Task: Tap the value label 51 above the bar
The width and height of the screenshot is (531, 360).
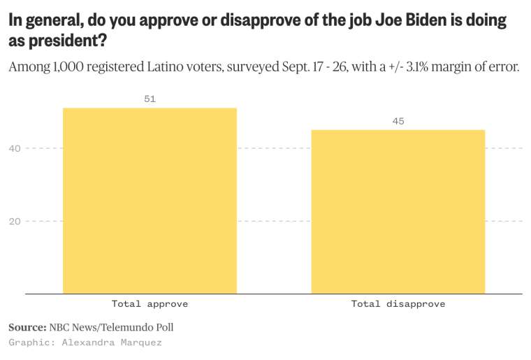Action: [x=150, y=99]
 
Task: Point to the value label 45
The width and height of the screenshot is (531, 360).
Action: [x=398, y=122]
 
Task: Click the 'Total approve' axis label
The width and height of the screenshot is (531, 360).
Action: [x=150, y=304]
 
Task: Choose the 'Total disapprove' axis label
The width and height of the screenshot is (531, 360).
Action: [x=398, y=304]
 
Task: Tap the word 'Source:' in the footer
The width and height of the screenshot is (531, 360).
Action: [x=27, y=327]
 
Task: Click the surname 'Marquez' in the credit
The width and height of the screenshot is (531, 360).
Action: [x=143, y=343]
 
